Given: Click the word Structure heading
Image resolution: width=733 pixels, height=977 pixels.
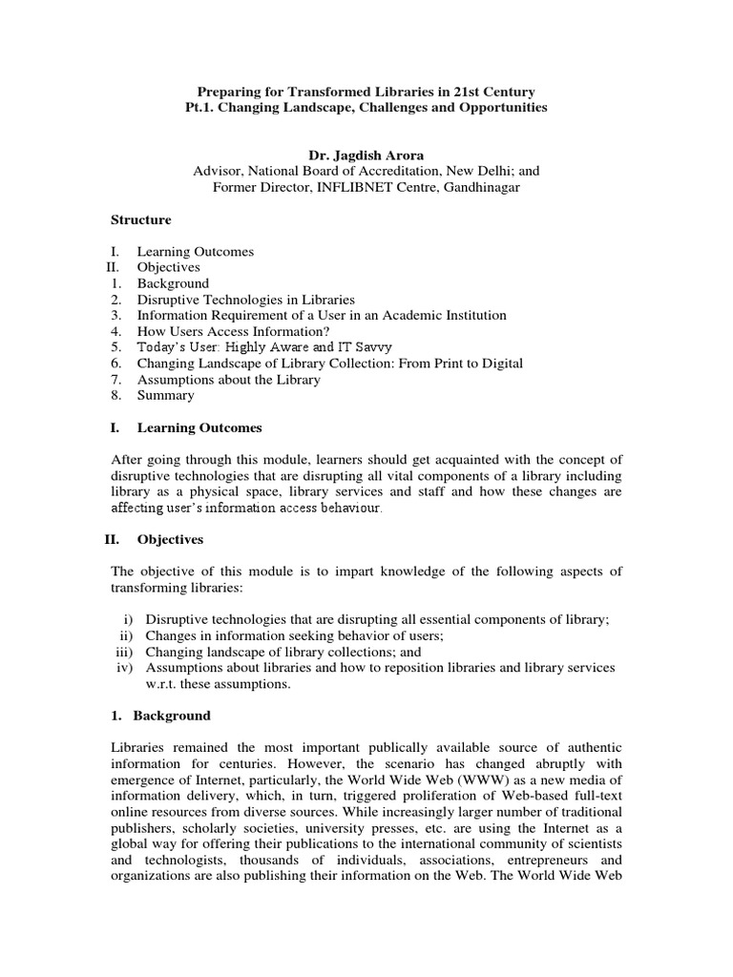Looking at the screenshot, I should pos(141,219).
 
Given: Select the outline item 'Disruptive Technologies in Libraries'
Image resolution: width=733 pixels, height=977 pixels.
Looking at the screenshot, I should pos(245,300).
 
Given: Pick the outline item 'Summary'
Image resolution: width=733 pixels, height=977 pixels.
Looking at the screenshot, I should pos(165,395).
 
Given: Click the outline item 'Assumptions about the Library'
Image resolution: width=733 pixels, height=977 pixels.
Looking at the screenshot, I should pos(228,380).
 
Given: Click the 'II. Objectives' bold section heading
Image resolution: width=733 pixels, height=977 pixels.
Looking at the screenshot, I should pos(154,540).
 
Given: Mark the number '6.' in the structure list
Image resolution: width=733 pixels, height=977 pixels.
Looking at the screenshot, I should pos(115,364).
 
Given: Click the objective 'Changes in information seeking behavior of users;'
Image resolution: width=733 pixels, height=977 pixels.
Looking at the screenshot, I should pos(295,635).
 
